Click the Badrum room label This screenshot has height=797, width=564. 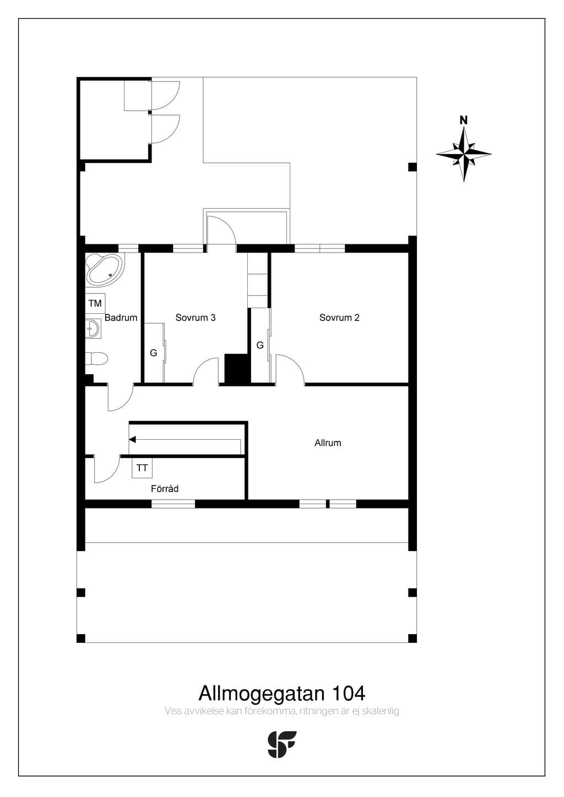(x=121, y=318)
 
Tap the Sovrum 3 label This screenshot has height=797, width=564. (x=196, y=318)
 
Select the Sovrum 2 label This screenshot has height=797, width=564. (x=339, y=318)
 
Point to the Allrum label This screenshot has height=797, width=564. (x=328, y=443)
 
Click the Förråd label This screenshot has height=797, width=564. (x=165, y=489)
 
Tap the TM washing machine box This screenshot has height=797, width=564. (x=95, y=303)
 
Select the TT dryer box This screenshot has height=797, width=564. (x=142, y=468)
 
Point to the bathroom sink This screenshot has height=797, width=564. (x=93, y=329)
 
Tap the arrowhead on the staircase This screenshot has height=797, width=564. (x=132, y=440)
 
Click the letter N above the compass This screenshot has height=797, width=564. (x=463, y=120)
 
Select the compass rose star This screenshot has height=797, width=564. (x=464, y=154)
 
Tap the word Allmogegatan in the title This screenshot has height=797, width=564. (x=262, y=694)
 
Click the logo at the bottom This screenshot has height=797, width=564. (x=281, y=745)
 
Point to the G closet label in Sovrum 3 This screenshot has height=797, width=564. (x=154, y=353)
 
